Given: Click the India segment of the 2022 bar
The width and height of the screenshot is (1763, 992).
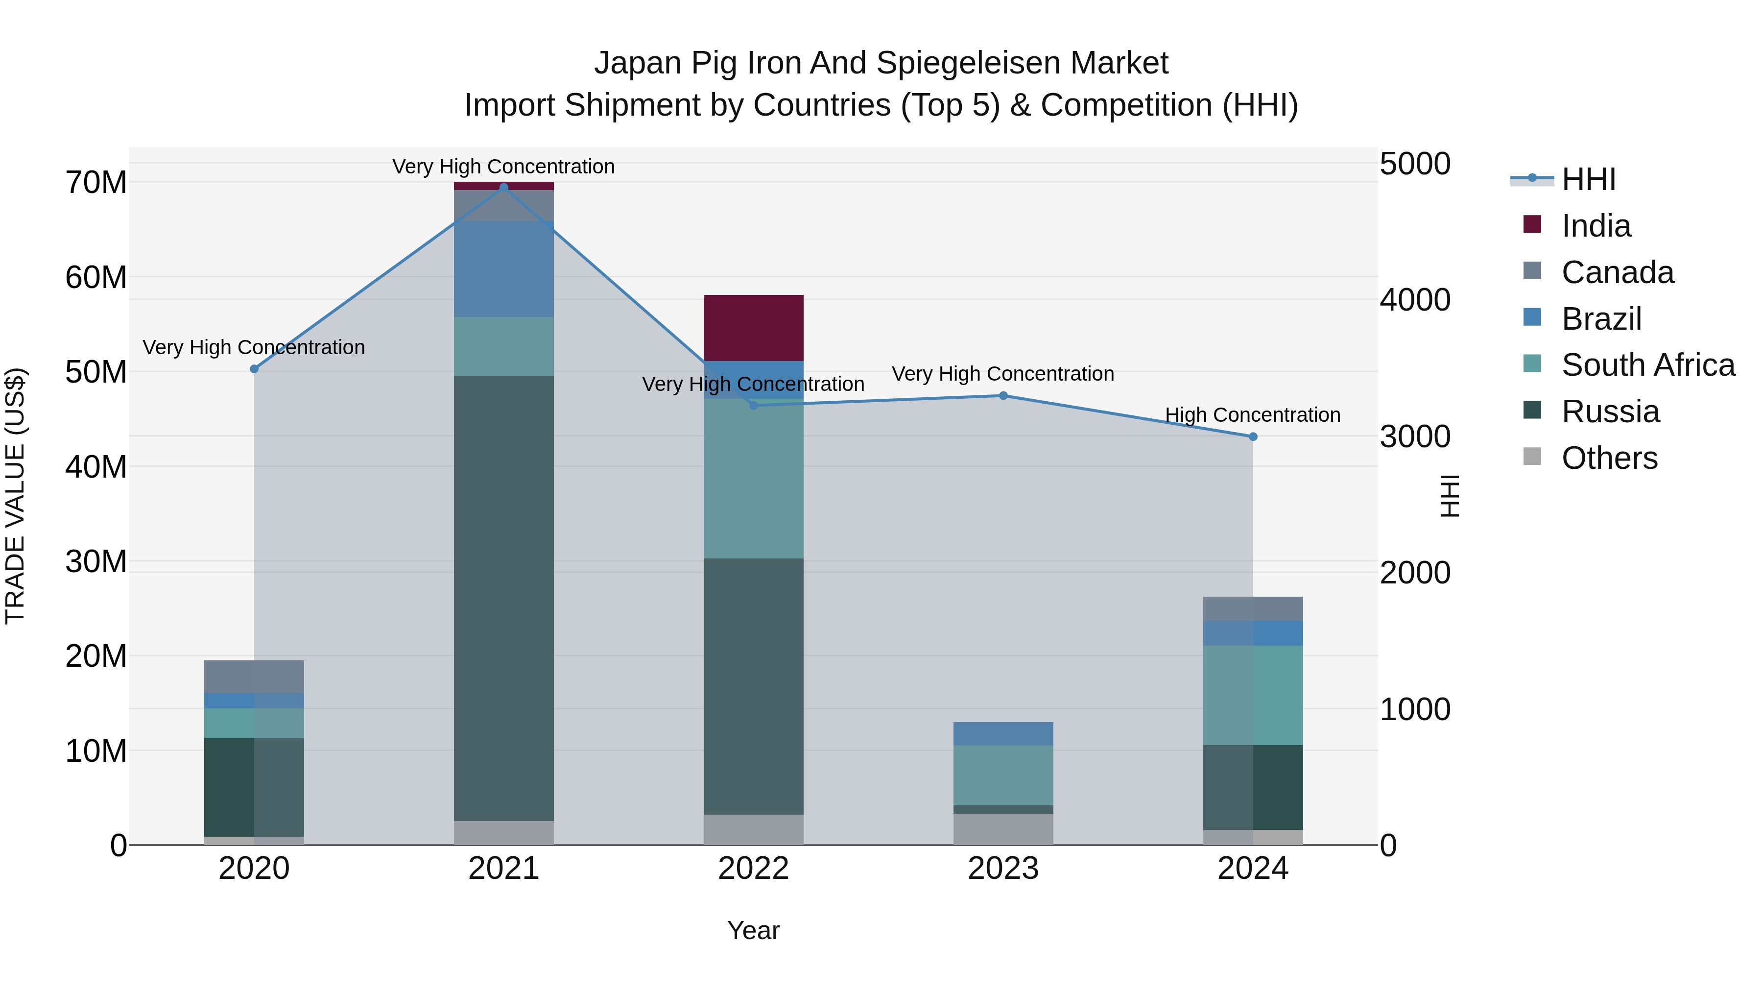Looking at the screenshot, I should (754, 327).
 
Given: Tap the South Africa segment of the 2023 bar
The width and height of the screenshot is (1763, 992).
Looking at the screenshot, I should (1003, 775).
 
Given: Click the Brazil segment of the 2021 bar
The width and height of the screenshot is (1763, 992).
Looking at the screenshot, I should (504, 268).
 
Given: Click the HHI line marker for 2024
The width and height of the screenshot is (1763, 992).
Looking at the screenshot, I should (1253, 437).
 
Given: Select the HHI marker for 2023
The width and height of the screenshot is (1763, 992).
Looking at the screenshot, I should (1003, 396).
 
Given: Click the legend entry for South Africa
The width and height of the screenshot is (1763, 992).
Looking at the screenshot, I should (1647, 365).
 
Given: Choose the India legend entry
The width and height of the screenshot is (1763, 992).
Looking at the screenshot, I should (1596, 226).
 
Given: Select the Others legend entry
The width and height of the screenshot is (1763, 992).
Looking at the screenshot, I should (1609, 458).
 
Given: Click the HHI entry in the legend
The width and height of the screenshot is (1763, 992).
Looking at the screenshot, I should (1588, 179).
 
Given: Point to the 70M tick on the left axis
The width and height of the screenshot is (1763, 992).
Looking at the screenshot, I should (96, 183).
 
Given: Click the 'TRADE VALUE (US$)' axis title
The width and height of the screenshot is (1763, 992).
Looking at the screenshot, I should (15, 496).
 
